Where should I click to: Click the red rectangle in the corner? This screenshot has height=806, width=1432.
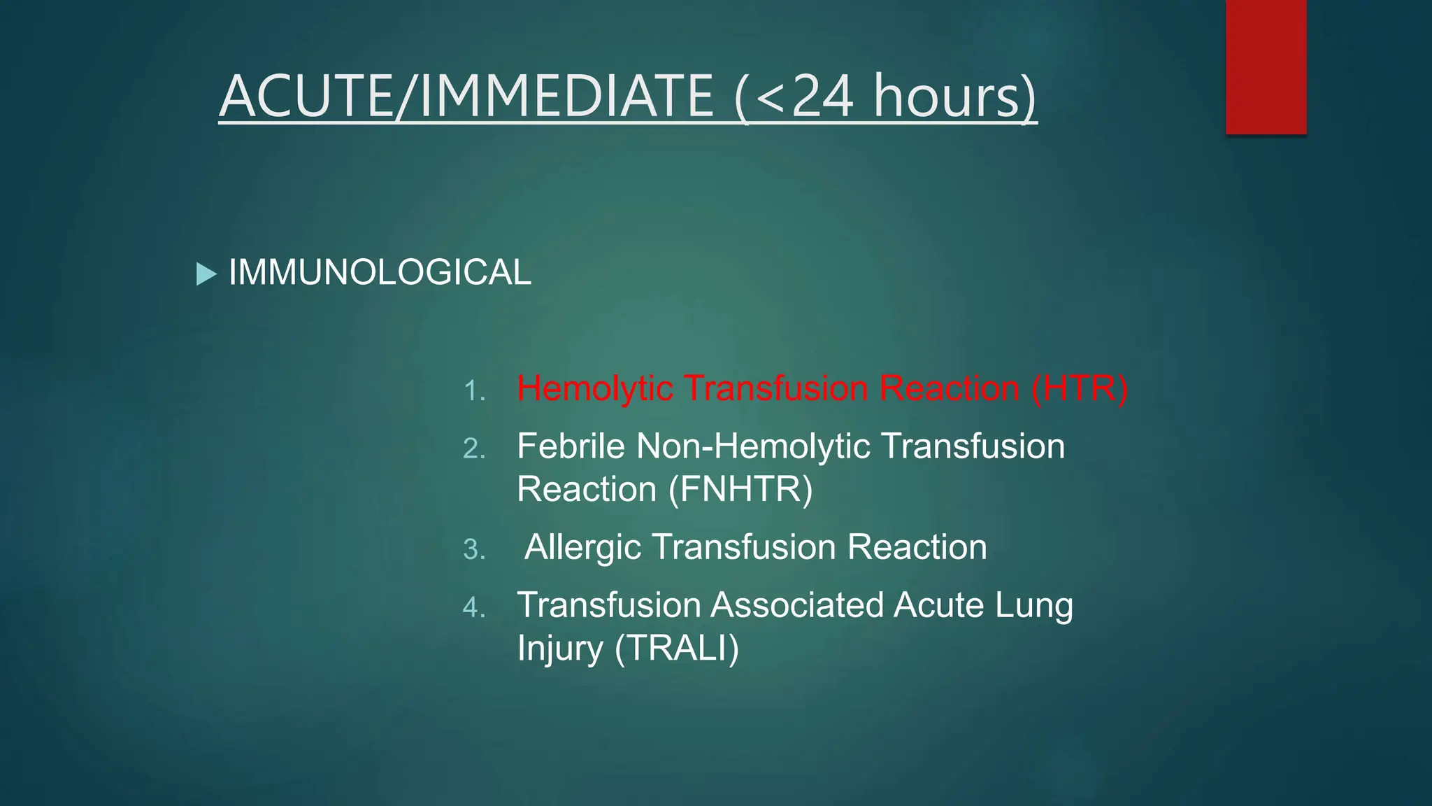pyautogui.click(x=1266, y=66)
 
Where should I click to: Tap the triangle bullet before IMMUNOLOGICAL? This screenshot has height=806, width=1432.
pyautogui.click(x=206, y=274)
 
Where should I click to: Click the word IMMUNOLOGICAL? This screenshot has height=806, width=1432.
pyautogui.click(x=380, y=272)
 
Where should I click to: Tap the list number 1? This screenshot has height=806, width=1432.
pyautogui.click(x=474, y=390)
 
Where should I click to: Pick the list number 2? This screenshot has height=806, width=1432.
pyautogui.click(x=474, y=448)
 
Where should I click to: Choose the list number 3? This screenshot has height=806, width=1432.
pyautogui.click(x=474, y=549)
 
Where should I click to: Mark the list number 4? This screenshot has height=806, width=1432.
pyautogui.click(x=474, y=607)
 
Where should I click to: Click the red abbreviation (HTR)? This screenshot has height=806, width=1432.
pyautogui.click(x=1080, y=388)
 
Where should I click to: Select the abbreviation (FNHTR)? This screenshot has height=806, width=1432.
pyautogui.click(x=740, y=489)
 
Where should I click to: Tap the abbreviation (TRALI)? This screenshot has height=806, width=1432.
pyautogui.click(x=676, y=648)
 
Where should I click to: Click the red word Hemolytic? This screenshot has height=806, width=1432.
pyautogui.click(x=595, y=388)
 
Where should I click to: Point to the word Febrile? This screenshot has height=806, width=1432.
pyautogui.click(x=571, y=446)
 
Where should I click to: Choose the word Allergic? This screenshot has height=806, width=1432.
pyautogui.click(x=582, y=547)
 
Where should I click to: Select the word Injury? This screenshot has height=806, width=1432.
pyautogui.click(x=559, y=648)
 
